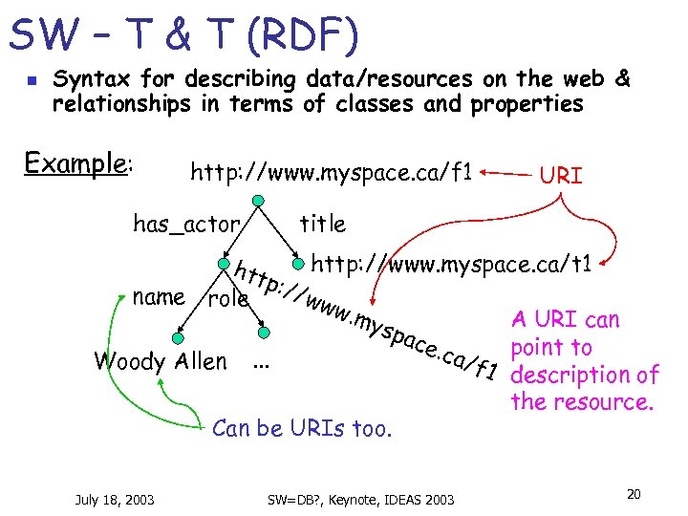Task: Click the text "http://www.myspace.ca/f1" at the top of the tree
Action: (x=332, y=173)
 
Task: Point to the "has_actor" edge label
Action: (x=185, y=225)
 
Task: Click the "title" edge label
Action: (x=322, y=224)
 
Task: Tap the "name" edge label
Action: (x=159, y=296)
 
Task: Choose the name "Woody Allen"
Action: (x=161, y=361)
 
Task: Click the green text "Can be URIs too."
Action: (x=302, y=428)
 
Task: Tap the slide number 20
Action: (x=633, y=493)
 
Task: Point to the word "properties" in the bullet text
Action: (x=527, y=104)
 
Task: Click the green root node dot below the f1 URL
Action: (x=257, y=200)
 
